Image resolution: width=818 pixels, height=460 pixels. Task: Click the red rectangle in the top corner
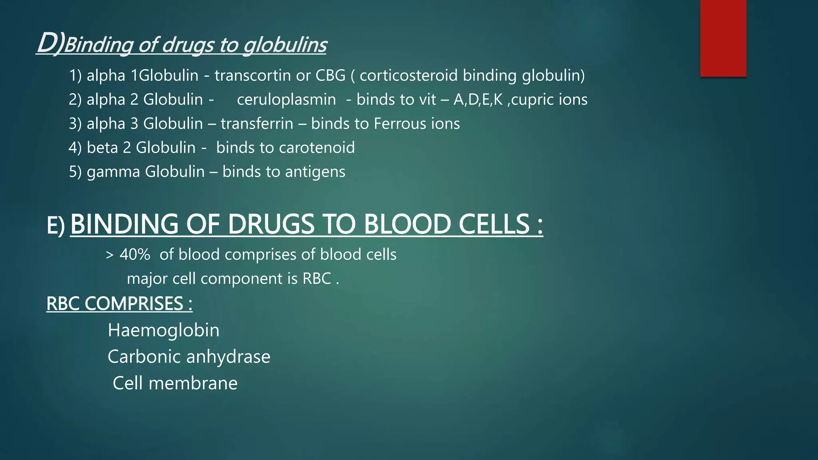(x=723, y=38)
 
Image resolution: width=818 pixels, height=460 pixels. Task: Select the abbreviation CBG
(x=330, y=75)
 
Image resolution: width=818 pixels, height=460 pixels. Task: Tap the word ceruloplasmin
(x=286, y=100)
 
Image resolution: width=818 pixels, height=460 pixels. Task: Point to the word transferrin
(x=257, y=124)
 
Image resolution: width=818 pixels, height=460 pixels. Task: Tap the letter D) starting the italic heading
(x=50, y=43)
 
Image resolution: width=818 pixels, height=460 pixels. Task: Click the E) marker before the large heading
(x=56, y=226)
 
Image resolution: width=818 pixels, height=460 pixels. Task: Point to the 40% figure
(x=135, y=255)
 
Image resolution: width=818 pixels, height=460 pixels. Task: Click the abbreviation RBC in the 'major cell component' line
(x=316, y=279)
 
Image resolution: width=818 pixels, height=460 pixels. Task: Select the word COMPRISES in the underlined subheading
(x=133, y=304)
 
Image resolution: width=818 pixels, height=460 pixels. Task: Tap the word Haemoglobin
(x=163, y=331)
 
